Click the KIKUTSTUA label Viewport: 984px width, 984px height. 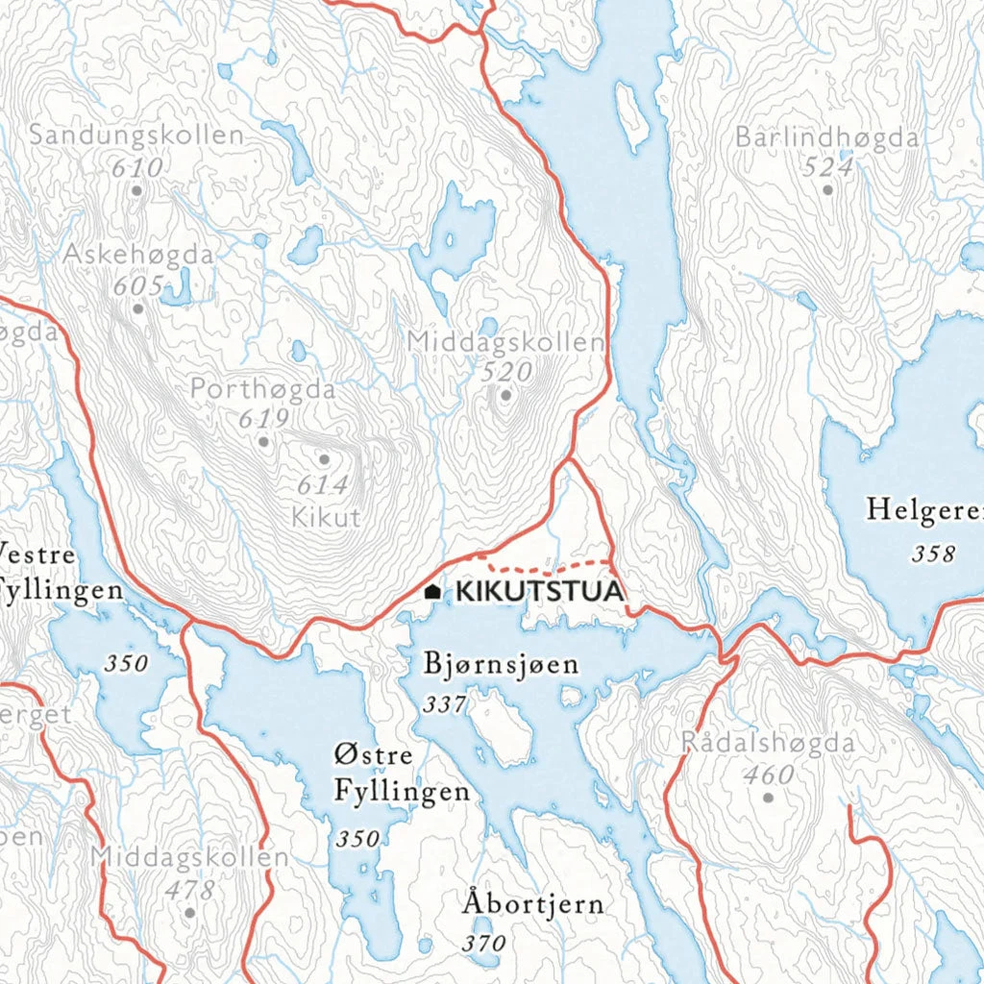click(539, 591)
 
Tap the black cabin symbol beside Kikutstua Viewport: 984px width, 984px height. click(433, 592)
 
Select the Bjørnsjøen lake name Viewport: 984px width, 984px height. click(501, 664)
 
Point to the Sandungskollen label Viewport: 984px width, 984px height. click(135, 135)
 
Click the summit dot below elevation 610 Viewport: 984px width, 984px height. click(136, 190)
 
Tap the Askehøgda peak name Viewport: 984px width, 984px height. click(138, 255)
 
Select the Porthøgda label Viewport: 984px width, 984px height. click(262, 390)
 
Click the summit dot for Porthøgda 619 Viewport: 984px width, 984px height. click(263, 442)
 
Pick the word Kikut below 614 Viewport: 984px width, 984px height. click(325, 518)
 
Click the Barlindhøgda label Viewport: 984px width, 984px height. click(826, 137)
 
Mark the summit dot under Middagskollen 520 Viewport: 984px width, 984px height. click(505, 394)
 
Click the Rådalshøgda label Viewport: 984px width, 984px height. click(767, 743)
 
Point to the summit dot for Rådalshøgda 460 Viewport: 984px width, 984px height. click(767, 797)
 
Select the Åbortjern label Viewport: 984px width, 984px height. click(532, 904)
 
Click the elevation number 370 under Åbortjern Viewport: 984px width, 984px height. click(482, 944)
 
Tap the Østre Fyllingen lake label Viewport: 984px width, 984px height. click(401, 773)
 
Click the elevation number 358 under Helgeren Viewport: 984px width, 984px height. click(934, 553)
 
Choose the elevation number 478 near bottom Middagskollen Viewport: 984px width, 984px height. click(189, 890)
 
